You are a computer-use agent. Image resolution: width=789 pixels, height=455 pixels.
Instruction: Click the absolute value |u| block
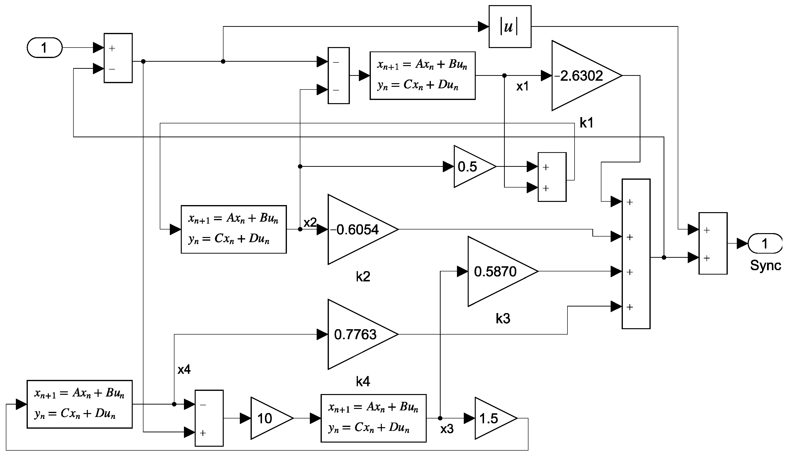coord(510,27)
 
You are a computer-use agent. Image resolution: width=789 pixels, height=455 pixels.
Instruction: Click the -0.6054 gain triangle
coord(356,230)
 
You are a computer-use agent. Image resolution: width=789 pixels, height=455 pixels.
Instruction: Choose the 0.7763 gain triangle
coord(356,334)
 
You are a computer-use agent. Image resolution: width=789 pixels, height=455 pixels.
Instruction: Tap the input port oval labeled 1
coord(44,48)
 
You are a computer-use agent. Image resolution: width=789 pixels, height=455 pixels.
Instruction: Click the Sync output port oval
coord(764,243)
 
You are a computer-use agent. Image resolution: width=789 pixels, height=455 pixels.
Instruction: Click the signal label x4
coord(184,370)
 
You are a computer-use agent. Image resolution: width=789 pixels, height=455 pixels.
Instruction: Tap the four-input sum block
coord(636,254)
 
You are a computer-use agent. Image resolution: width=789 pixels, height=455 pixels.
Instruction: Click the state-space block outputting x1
coord(422,76)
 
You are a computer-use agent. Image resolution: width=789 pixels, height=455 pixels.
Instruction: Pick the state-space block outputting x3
coord(373,418)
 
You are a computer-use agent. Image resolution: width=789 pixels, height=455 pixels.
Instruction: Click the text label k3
coord(503,318)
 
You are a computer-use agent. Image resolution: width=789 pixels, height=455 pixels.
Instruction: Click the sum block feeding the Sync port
coord(713,243)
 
